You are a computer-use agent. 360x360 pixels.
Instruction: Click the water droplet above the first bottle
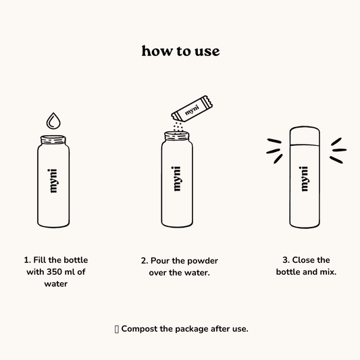click(53, 121)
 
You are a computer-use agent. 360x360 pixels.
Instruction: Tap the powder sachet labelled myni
click(192, 109)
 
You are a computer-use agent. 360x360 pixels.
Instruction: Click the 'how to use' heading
click(181, 51)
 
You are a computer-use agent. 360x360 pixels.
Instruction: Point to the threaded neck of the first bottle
click(53, 140)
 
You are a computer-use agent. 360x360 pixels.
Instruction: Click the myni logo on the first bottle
click(53, 181)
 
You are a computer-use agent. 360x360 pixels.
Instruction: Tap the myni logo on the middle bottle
click(176, 179)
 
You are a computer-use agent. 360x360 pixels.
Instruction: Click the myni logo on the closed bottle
click(304, 179)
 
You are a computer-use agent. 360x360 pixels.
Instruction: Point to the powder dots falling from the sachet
click(178, 126)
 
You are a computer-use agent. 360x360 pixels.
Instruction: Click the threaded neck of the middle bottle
click(177, 136)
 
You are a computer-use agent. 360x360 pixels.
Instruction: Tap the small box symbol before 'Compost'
click(117, 329)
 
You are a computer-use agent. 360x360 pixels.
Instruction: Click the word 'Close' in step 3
click(302, 260)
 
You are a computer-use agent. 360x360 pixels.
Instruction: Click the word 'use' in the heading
click(207, 51)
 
